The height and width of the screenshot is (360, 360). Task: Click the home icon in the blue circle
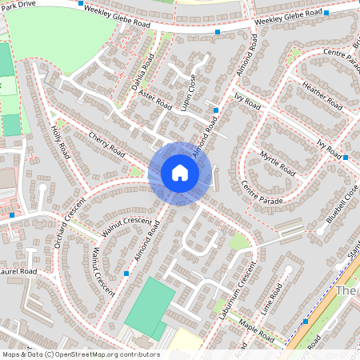point(180,173)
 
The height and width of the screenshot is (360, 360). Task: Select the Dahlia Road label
point(142,73)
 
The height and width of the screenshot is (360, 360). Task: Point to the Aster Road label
point(154,99)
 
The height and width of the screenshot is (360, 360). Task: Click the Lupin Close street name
point(190,94)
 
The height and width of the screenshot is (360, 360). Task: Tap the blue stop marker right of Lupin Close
point(216,110)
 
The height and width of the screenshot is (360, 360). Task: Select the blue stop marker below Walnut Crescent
point(126,274)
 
